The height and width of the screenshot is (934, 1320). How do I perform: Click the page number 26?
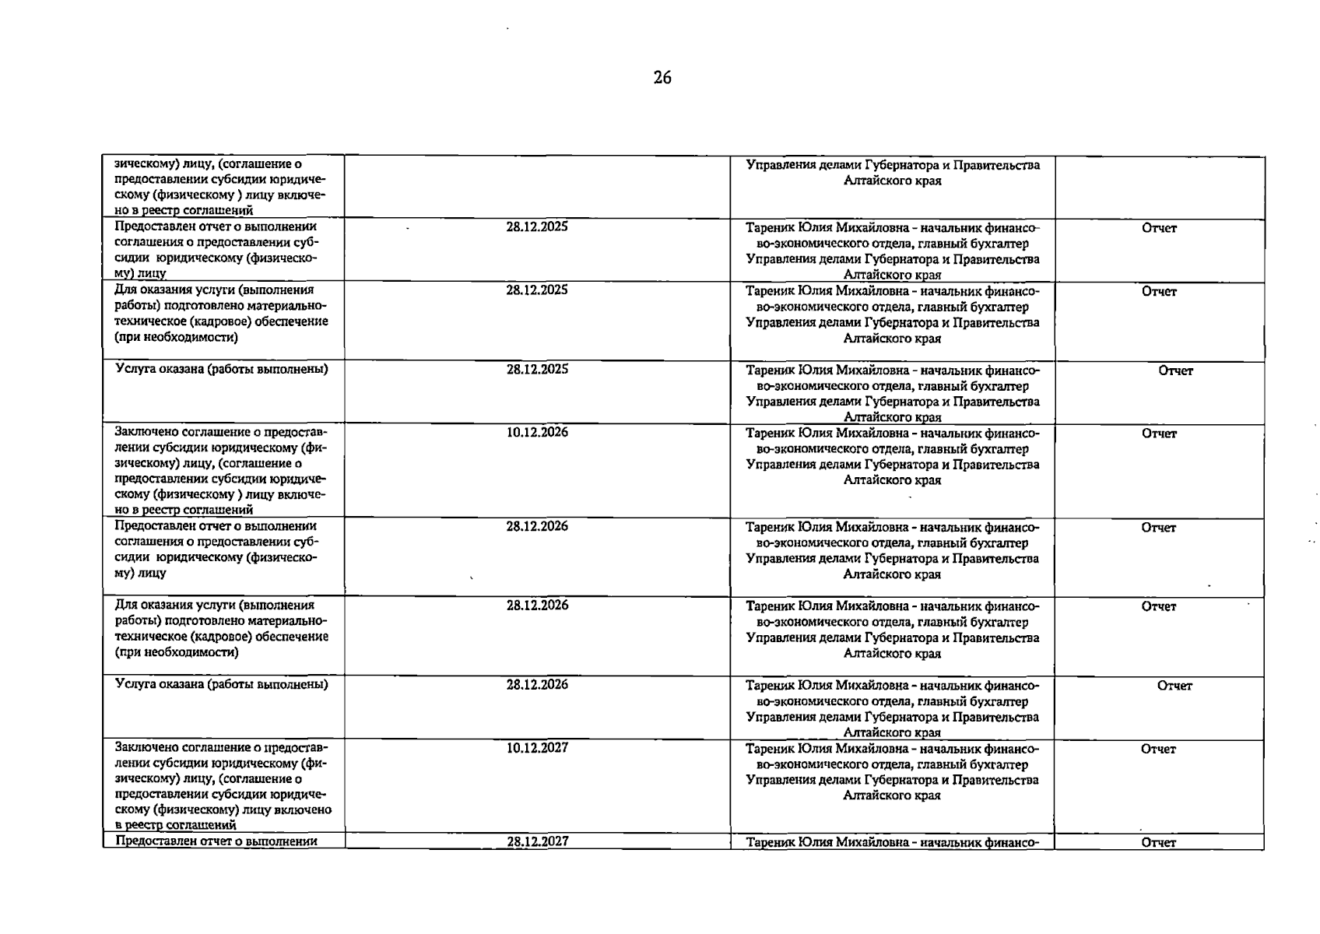coord(662,77)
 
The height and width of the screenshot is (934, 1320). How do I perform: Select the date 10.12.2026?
coord(537,432)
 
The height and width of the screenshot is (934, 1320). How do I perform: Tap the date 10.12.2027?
coord(537,747)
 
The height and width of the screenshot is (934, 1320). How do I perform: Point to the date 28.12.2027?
coord(537,841)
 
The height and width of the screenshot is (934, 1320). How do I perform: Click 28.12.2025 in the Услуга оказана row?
coord(537,369)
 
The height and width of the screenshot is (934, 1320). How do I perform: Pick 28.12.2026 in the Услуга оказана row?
coord(537,684)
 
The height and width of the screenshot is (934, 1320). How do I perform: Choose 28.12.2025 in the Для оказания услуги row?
coord(537,290)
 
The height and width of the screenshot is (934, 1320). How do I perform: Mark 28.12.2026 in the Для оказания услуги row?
coord(537,605)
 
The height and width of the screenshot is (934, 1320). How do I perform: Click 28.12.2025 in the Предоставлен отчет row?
coord(537,226)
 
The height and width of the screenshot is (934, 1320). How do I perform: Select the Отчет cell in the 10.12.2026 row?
coord(1159,434)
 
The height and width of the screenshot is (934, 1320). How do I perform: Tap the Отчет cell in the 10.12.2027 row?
coord(1158,749)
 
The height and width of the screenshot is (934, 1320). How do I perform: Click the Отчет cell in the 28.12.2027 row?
coord(1158,842)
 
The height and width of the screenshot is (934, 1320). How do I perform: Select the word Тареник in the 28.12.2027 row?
coord(769,842)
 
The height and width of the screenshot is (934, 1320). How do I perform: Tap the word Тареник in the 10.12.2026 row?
coord(769,434)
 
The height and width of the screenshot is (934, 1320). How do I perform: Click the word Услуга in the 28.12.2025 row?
coord(134,369)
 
